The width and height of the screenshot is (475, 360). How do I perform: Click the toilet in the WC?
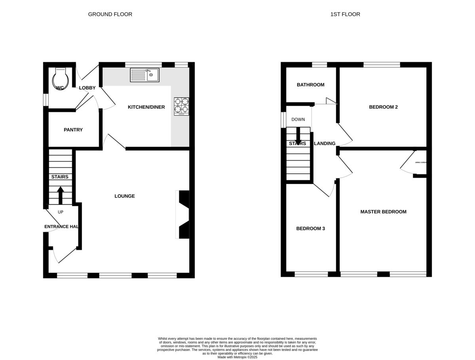60,78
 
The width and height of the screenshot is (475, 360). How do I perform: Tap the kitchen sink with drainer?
144,75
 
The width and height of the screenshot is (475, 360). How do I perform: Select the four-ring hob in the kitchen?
181,106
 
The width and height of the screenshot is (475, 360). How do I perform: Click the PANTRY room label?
73,130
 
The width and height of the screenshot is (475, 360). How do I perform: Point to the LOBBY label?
87,88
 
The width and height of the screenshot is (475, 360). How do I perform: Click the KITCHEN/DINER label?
146,107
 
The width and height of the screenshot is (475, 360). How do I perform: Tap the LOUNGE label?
125,196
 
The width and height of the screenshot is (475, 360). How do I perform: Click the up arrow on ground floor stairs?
61,195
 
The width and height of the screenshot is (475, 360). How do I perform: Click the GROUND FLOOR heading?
110,14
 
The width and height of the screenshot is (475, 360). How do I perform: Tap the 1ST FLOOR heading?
345,14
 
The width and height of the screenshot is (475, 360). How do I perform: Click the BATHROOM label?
311,85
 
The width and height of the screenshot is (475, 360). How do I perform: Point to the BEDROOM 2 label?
383,107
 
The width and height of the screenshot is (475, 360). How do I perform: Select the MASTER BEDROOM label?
383,212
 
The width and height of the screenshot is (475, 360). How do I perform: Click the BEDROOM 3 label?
311,229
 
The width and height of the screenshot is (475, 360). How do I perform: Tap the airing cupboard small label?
420,163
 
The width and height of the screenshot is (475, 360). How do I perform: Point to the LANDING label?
325,144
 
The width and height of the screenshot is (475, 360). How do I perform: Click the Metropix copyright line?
237,357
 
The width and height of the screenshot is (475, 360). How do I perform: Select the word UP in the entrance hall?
61,212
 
